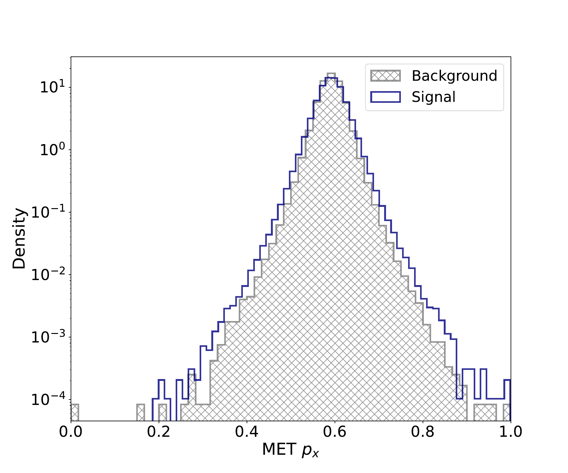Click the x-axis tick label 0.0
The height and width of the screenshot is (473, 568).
[x=71, y=432]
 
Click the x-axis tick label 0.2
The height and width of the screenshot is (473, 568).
[x=159, y=432]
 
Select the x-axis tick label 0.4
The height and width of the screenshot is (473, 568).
[x=247, y=432]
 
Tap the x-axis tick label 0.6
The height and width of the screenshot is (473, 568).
[x=335, y=432]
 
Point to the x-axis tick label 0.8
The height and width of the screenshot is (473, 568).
[x=423, y=432]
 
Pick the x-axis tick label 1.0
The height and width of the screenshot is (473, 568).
[x=510, y=432]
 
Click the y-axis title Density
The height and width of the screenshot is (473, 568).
[x=19, y=238]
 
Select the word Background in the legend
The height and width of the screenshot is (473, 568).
[x=454, y=76]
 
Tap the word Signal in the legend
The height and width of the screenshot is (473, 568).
[x=433, y=97]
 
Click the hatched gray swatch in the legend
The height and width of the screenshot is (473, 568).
[x=385, y=76]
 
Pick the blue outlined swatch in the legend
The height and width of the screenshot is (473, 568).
[x=385, y=97]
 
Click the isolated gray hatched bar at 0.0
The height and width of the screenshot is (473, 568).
[x=74, y=412]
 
